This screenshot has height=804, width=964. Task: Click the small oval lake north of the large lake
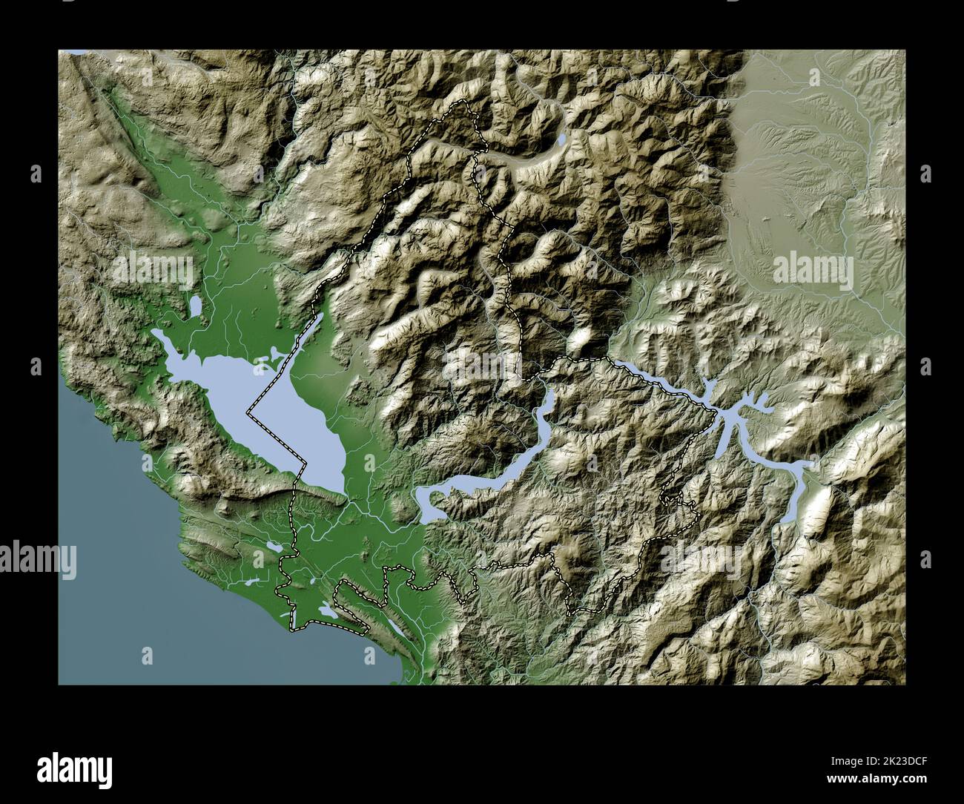[x=196, y=306]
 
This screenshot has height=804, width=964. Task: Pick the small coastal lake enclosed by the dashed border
[x=327, y=610]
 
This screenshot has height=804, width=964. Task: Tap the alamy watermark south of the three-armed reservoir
[x=700, y=558]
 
